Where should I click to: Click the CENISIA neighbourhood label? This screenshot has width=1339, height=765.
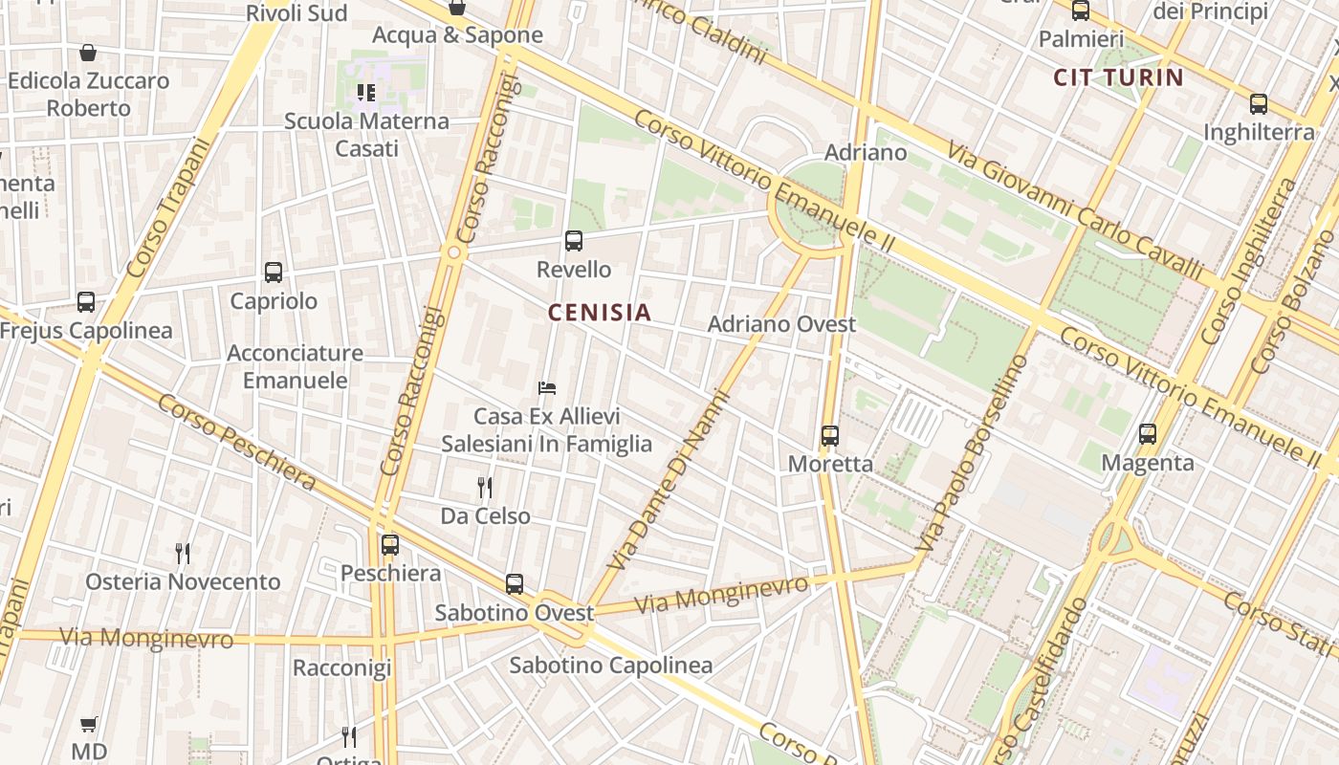pyautogui.click(x=600, y=312)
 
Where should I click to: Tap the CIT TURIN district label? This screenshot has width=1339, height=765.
pyautogui.click(x=1118, y=77)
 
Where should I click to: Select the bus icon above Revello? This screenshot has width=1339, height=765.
pyautogui.click(x=574, y=241)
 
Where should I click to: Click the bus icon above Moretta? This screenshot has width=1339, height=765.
pyautogui.click(x=829, y=436)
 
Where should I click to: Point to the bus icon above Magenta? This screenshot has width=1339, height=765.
pyautogui.click(x=1148, y=434)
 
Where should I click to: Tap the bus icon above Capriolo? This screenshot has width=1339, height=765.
pyautogui.click(x=274, y=273)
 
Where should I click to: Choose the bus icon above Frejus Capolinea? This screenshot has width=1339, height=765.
pyautogui.click(x=86, y=302)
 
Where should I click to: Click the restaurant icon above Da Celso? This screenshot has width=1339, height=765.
pyautogui.click(x=485, y=488)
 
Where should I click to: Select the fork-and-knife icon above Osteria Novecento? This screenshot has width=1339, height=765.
pyautogui.click(x=183, y=553)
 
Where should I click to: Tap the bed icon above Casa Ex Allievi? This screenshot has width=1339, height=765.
pyautogui.click(x=547, y=388)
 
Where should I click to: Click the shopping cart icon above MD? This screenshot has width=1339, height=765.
pyautogui.click(x=89, y=725)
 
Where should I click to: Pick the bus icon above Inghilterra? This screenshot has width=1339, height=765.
pyautogui.click(x=1259, y=104)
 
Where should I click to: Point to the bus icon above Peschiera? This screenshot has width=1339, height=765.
pyautogui.click(x=390, y=545)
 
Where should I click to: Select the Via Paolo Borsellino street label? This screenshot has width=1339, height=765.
pyautogui.click(x=972, y=453)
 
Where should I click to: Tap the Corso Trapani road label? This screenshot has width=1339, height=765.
pyautogui.click(x=166, y=209)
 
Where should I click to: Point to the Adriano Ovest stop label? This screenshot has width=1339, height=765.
pyautogui.click(x=781, y=324)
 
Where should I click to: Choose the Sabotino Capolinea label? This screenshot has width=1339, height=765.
pyautogui.click(x=610, y=666)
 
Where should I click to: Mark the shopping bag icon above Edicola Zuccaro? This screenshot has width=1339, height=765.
pyautogui.click(x=88, y=53)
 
